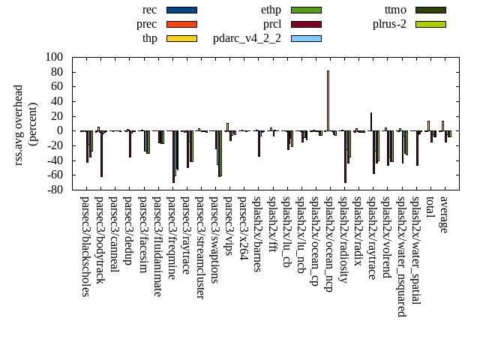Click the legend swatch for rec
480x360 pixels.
(181, 10)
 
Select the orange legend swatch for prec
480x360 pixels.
(181, 24)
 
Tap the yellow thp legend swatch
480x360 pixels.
(181, 38)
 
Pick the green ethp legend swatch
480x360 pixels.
(305, 10)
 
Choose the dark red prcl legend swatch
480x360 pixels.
(305, 24)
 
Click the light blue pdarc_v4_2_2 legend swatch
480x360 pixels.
(305, 38)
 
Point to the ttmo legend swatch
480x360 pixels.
(430, 10)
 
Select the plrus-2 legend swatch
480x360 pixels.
(430, 24)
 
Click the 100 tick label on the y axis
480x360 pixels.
(54, 57)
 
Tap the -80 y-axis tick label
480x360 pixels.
(55, 190)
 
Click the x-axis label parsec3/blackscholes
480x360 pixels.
(85, 246)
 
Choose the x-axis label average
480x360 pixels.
(444, 214)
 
